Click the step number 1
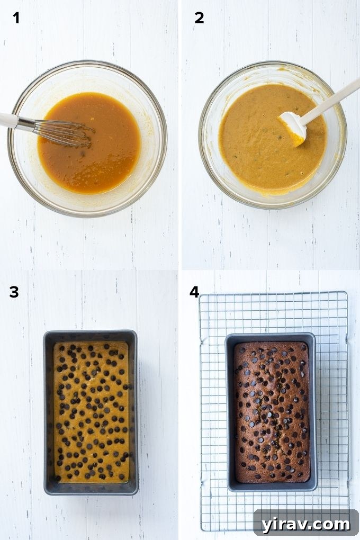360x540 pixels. click(x=16, y=18)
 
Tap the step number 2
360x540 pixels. click(x=199, y=18)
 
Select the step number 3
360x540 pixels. click(x=14, y=292)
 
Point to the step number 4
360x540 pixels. click(x=194, y=292)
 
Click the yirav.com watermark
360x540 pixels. click(x=306, y=524)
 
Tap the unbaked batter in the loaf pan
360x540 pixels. click(x=91, y=413)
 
